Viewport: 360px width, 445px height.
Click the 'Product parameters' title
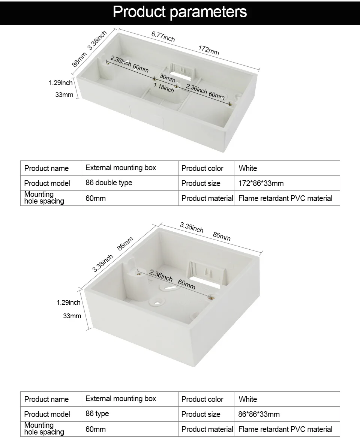click(x=180, y=12)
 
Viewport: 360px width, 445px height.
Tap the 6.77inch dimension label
click(x=163, y=36)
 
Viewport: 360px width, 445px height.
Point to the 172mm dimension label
click(x=208, y=50)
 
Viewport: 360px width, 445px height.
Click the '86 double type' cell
click(x=109, y=183)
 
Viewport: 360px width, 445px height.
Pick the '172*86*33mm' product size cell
click(x=261, y=183)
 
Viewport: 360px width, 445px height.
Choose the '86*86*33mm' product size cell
click(x=259, y=414)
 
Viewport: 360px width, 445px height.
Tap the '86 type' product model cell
click(x=97, y=414)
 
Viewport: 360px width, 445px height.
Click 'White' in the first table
click(x=248, y=168)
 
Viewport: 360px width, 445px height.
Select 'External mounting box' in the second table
click(x=121, y=399)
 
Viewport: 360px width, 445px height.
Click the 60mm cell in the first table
click(x=96, y=198)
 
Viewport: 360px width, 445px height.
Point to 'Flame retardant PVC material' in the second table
click(x=285, y=429)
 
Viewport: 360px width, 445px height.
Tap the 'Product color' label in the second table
click(x=202, y=399)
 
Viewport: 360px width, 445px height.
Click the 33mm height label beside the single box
click(x=72, y=316)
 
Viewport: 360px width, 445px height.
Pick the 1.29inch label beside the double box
click(x=61, y=82)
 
